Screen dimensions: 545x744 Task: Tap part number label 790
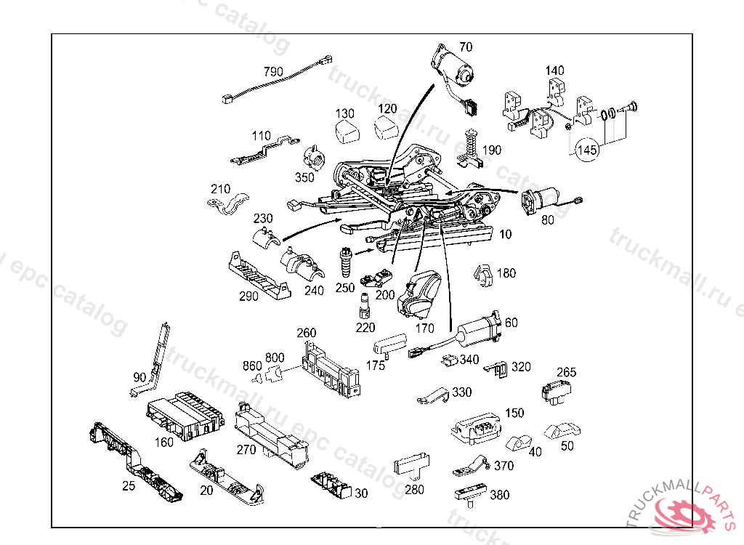(273, 72)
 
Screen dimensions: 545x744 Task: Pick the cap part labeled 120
(387, 129)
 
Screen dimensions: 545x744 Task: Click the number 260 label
(306, 333)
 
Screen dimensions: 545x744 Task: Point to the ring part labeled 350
(316, 156)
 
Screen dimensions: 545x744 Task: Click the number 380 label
(500, 495)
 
